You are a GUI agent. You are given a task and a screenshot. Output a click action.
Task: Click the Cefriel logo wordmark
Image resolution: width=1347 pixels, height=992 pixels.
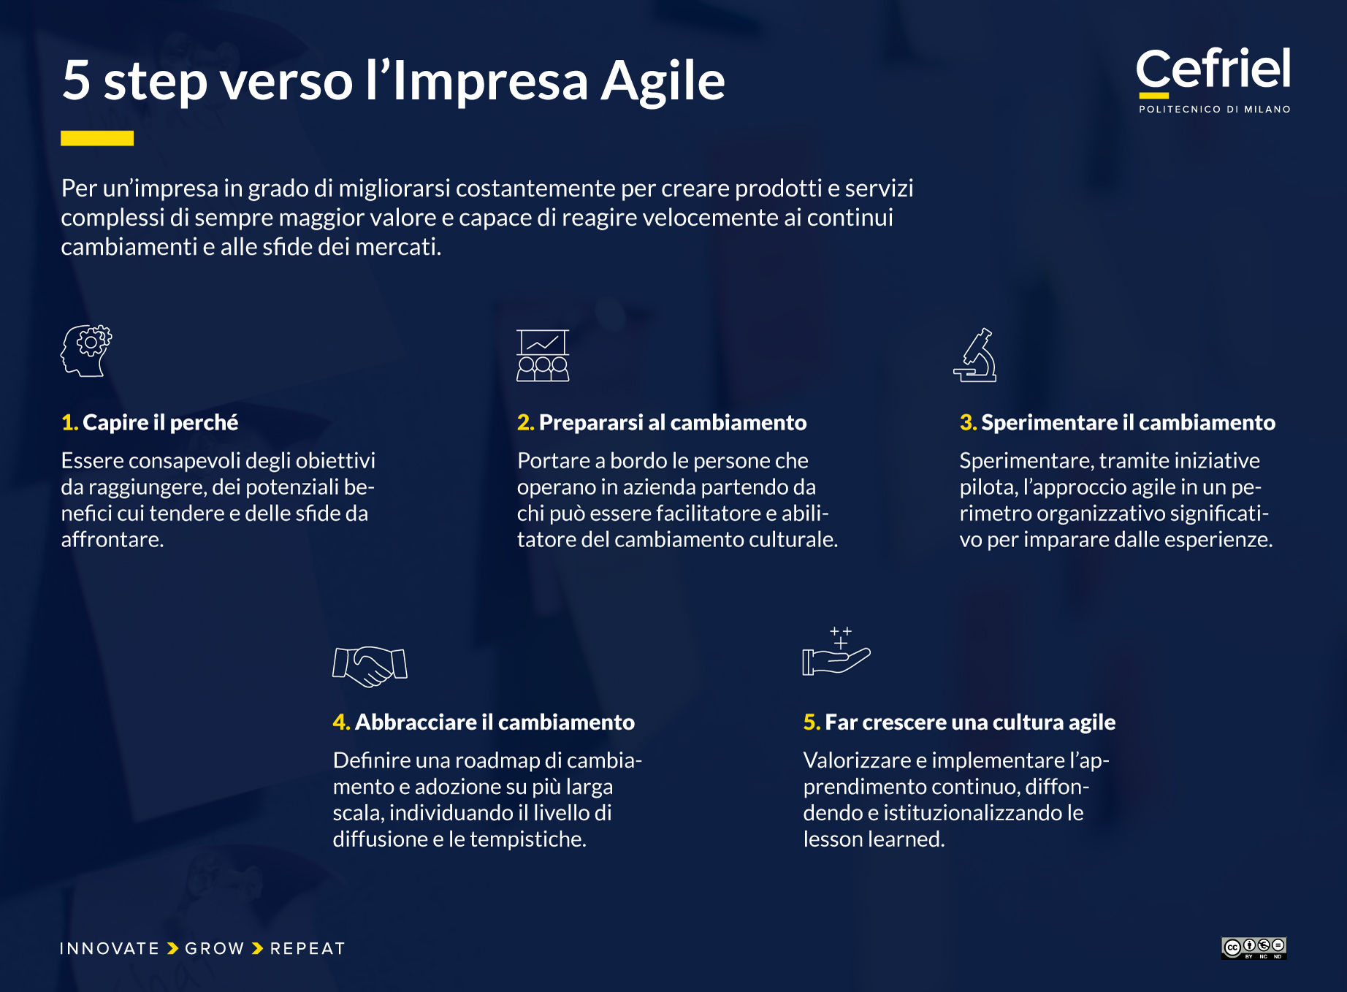(x=1213, y=70)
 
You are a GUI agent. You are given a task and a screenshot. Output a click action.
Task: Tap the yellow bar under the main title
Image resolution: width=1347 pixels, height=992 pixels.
(x=97, y=138)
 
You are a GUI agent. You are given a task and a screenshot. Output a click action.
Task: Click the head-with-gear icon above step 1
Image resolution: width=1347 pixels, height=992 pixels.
(x=86, y=351)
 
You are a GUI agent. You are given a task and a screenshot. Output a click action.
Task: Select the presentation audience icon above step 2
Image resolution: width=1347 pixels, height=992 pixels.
(x=543, y=356)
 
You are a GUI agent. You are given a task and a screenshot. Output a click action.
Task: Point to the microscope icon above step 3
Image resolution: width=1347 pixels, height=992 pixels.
(x=976, y=356)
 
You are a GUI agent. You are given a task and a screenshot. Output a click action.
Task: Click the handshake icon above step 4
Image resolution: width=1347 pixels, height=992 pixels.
(x=370, y=665)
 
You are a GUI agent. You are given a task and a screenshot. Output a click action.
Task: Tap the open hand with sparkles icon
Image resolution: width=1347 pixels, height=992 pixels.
(x=836, y=652)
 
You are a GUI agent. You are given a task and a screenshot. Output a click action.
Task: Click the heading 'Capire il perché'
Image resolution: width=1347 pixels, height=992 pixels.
(x=160, y=423)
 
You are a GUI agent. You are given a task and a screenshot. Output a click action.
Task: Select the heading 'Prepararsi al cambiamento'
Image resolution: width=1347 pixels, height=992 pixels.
(x=672, y=423)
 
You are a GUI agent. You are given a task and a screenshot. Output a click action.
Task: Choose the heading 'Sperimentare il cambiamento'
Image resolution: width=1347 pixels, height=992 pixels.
(x=1128, y=423)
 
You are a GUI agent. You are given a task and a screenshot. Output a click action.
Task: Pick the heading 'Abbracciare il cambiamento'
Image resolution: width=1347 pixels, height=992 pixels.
(x=495, y=722)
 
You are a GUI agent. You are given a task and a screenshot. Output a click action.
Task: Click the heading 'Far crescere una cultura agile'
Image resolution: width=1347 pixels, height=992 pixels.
(x=969, y=722)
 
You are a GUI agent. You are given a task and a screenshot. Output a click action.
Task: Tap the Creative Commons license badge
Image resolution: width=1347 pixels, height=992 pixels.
(x=1253, y=948)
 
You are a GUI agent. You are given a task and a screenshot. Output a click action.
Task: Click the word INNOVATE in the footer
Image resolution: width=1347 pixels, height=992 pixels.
(x=110, y=949)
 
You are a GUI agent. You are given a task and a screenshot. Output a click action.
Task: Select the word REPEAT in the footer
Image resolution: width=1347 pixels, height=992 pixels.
(x=308, y=949)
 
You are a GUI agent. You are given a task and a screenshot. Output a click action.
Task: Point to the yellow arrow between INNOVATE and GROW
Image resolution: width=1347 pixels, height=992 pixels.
(x=173, y=949)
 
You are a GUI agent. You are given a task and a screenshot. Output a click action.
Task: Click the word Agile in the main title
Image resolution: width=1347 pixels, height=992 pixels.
(x=663, y=81)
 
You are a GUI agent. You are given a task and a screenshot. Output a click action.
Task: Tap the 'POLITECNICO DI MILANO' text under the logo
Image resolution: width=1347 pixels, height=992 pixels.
(x=1214, y=110)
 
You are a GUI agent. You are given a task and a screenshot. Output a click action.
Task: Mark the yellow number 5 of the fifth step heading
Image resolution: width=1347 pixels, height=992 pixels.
(x=810, y=722)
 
